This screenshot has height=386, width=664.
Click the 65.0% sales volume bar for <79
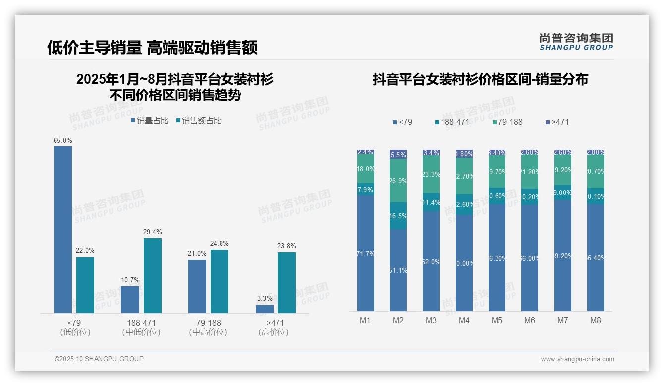click(63, 230)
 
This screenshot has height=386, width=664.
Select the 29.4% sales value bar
click(153, 276)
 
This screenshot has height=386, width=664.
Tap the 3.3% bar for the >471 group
click(265, 309)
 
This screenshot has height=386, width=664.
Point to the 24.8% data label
click(220, 244)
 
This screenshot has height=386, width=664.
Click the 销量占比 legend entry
click(150, 121)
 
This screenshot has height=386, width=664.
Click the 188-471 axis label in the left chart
click(141, 323)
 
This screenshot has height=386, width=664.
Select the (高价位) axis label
click(274, 332)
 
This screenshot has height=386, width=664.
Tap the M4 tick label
click(464, 321)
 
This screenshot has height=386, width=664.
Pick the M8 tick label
click(596, 321)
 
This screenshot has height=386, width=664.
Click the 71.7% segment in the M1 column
click(366, 253)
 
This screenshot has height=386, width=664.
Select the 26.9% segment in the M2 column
click(398, 181)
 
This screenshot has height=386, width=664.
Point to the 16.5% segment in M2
click(398, 216)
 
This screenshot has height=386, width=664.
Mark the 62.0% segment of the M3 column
click(431, 261)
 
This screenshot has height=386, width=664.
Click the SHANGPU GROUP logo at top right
click(576, 42)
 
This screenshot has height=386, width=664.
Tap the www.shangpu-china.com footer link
click(577, 359)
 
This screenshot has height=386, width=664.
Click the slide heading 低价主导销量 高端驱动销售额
click(152, 48)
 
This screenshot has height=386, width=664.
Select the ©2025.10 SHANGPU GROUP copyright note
click(99, 359)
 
